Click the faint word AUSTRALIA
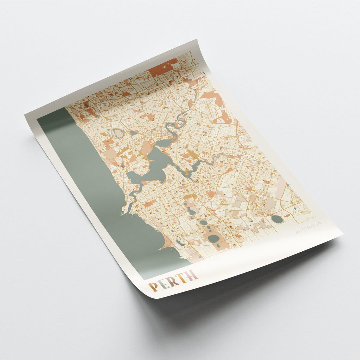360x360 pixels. pyautogui.click(x=308, y=228)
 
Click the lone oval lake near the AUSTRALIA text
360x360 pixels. pyautogui.click(x=277, y=219)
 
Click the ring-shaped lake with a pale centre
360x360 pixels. pyautogui.click(x=118, y=133)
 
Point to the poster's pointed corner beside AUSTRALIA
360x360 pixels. pyautogui.click(x=342, y=234)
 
